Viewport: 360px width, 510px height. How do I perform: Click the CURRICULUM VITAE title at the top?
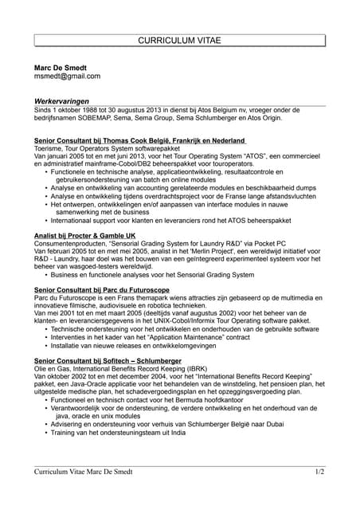180,39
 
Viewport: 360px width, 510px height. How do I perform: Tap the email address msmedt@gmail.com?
67,76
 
